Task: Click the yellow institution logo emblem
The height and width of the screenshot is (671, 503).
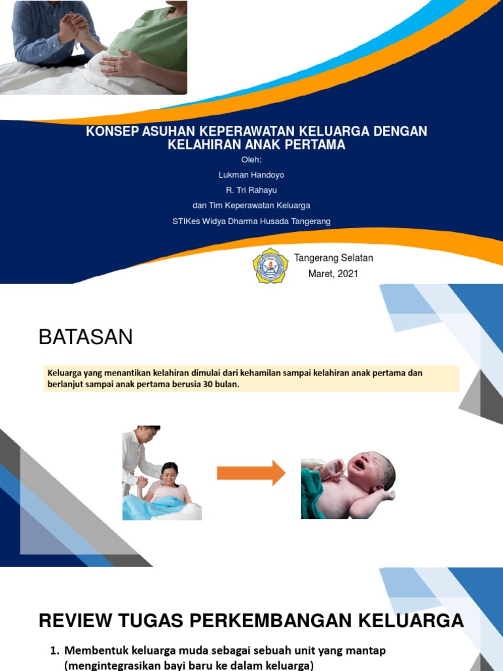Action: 270,265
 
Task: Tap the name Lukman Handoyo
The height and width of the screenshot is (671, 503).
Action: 251,175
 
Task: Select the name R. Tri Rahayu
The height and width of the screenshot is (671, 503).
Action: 251,190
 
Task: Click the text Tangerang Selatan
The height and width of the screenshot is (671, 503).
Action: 333,258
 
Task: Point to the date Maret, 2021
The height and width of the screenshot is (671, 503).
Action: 333,274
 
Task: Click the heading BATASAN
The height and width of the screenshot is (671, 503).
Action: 85,337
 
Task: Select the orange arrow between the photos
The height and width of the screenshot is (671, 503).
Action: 251,472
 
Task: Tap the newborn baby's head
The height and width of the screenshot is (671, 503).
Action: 373,469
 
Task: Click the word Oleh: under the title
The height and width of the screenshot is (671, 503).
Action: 251,160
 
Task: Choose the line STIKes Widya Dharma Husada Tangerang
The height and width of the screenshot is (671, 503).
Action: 251,221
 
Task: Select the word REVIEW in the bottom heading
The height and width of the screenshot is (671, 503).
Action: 73,620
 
